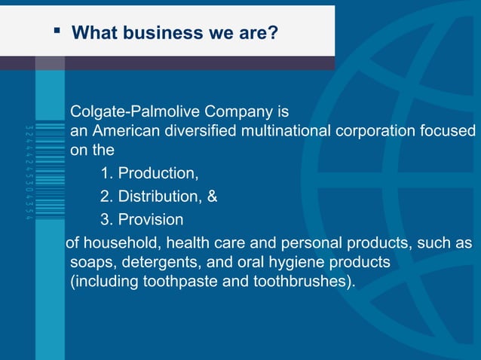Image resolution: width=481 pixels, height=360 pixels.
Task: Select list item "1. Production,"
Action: click(149, 173)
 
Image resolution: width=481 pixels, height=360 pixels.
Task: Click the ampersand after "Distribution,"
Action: click(213, 197)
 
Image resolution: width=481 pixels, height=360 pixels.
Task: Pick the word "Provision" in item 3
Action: click(151, 220)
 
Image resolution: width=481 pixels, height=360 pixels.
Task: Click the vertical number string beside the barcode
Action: click(28, 172)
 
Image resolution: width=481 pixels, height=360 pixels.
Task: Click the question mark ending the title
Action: click(272, 33)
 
